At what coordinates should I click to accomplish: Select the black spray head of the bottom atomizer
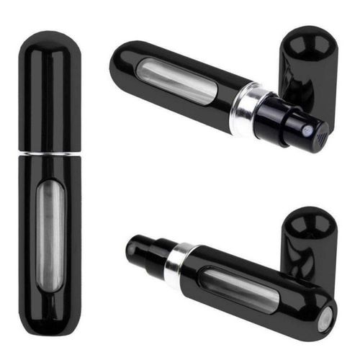pyautogui.click(x=144, y=251)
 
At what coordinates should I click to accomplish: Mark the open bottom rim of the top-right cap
pyautogui.click(x=308, y=108)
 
